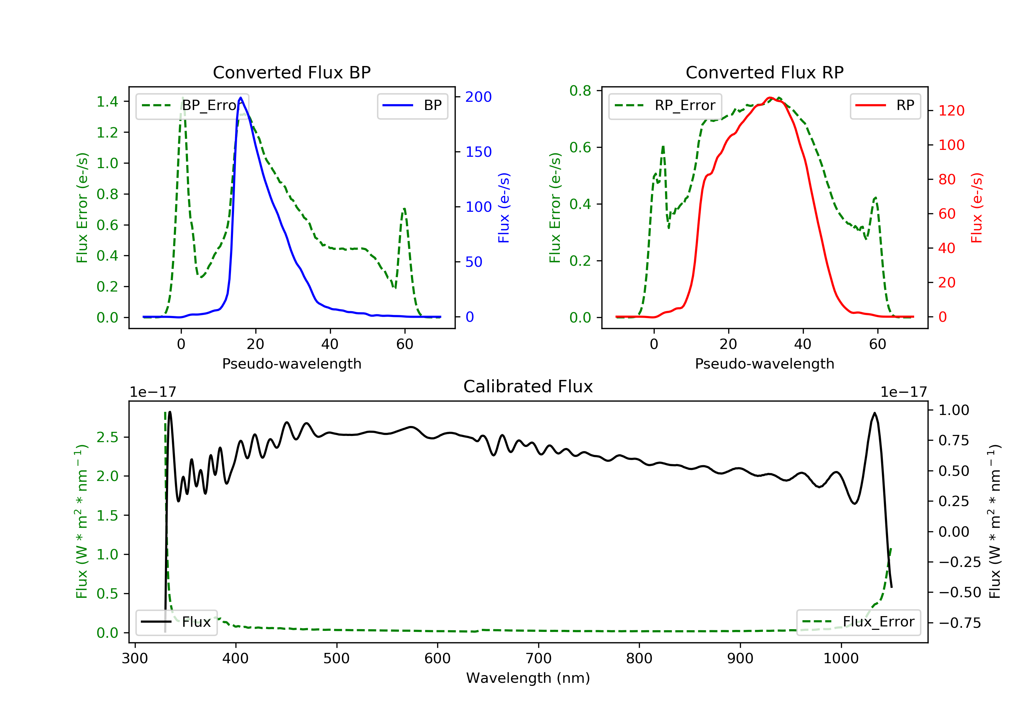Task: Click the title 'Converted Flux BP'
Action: (x=291, y=72)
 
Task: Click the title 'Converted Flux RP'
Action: (x=764, y=72)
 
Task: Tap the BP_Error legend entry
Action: (x=192, y=106)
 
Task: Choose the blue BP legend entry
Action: (x=412, y=106)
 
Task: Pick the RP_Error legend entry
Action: (x=665, y=106)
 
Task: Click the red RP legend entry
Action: (x=885, y=106)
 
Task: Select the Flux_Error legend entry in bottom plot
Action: (x=858, y=622)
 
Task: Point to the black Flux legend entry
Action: (x=176, y=622)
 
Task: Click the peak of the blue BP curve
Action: (x=241, y=98)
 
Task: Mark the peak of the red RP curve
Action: (x=770, y=98)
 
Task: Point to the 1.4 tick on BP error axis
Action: (x=107, y=101)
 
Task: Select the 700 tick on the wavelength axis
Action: (x=539, y=658)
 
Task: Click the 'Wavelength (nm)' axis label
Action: (x=528, y=678)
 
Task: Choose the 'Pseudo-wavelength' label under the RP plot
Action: (x=764, y=364)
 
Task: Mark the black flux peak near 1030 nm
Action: (x=874, y=413)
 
